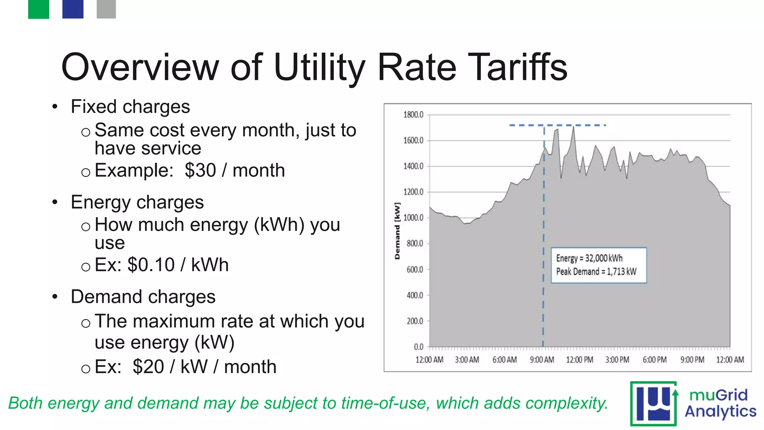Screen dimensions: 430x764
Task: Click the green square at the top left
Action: click(38, 9)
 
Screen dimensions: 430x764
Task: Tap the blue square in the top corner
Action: click(73, 9)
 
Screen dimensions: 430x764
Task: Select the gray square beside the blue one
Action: click(106, 9)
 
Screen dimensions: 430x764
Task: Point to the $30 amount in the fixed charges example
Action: click(200, 171)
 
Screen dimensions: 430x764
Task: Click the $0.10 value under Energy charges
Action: click(151, 265)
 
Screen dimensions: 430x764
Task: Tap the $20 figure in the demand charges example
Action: click(148, 367)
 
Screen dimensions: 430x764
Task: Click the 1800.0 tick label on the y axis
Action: click(413, 115)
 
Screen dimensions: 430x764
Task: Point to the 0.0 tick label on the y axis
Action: click(419, 347)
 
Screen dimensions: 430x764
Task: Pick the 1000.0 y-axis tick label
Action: click(413, 218)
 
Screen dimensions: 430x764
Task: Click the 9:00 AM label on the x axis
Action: click(542, 360)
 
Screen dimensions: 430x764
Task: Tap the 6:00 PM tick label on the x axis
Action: click(655, 360)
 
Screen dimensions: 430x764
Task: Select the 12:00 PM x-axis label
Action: click(580, 360)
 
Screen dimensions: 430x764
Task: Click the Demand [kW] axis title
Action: click(397, 231)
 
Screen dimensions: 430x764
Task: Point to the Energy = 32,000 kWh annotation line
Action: click(589, 258)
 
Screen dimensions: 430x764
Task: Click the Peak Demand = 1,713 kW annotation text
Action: click(596, 271)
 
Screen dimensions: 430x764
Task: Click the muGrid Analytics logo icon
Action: click(654, 404)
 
